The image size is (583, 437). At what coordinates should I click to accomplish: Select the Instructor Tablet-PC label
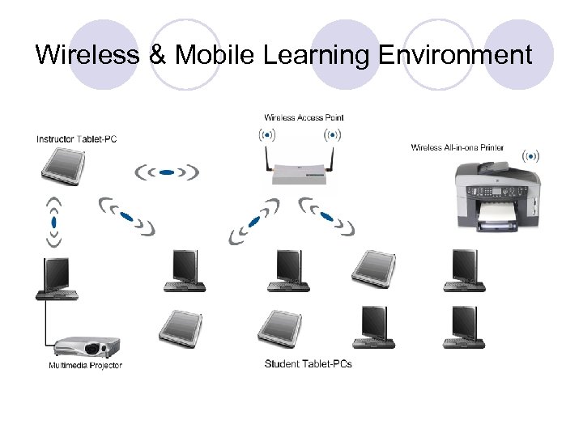coord(77,139)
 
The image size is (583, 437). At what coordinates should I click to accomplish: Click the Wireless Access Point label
coord(304,117)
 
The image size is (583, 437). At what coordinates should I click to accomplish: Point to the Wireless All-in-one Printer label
coord(457,147)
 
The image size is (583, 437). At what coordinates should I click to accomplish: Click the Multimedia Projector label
coord(86,365)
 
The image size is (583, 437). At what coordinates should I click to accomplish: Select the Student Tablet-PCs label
coord(309,363)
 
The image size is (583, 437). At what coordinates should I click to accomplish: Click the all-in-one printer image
coord(496,195)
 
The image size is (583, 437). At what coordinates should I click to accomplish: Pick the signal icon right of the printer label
coord(531,155)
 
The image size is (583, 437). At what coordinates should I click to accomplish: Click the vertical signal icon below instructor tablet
coord(53,221)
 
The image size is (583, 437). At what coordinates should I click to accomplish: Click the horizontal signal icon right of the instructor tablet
coord(166,172)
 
